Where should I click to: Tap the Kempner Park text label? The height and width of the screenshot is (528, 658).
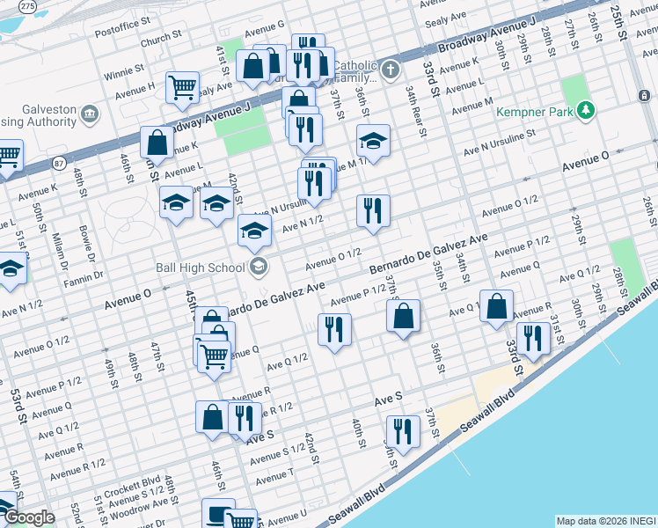point(533,112)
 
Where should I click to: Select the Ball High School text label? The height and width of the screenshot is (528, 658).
point(203,268)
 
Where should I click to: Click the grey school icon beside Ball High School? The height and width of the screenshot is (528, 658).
point(258,267)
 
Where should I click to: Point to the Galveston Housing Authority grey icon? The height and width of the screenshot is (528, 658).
point(89,114)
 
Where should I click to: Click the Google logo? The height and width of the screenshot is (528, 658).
point(28,518)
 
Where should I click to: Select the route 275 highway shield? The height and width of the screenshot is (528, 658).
point(28,6)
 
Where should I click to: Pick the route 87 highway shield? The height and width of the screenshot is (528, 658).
point(58,163)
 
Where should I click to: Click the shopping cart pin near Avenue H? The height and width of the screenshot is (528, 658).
point(182,87)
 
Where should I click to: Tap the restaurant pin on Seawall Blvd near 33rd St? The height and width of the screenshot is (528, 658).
point(533,338)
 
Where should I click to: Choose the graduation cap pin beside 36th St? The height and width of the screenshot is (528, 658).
point(373,140)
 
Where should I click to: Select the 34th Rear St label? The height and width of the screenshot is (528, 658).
point(415,112)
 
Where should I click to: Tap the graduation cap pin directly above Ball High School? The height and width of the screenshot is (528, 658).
point(255,231)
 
